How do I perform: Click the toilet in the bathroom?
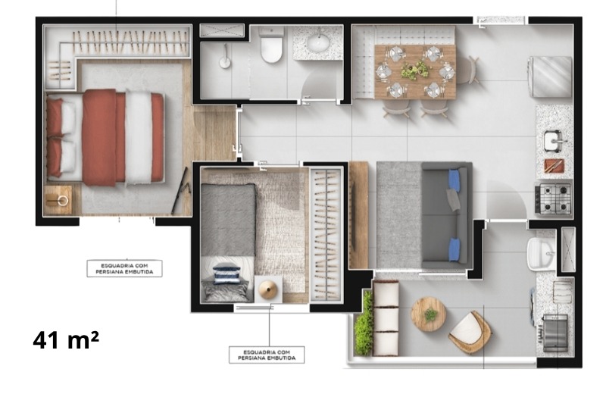click(x=271, y=45)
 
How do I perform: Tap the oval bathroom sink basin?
click(x=318, y=42)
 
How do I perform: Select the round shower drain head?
click(x=225, y=62)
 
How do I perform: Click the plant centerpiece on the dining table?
click(x=414, y=70)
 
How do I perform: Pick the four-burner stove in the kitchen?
click(x=553, y=199)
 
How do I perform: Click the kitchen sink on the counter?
click(x=554, y=141)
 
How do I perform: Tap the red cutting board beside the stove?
click(x=554, y=166)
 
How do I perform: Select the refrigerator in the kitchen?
click(x=550, y=77)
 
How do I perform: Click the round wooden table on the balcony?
click(x=428, y=314)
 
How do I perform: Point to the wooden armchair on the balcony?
click(x=470, y=332)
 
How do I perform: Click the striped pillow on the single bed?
click(x=226, y=273)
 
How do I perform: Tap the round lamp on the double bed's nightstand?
click(x=62, y=200)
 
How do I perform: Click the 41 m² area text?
click(x=66, y=340)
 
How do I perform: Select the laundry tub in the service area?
click(x=541, y=253)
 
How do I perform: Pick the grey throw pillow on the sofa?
click(x=453, y=199)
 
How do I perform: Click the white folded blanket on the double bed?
click(x=139, y=137)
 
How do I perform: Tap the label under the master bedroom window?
click(x=124, y=268)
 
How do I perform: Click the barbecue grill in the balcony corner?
click(x=555, y=333)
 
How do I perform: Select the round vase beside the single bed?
click(x=267, y=289)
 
